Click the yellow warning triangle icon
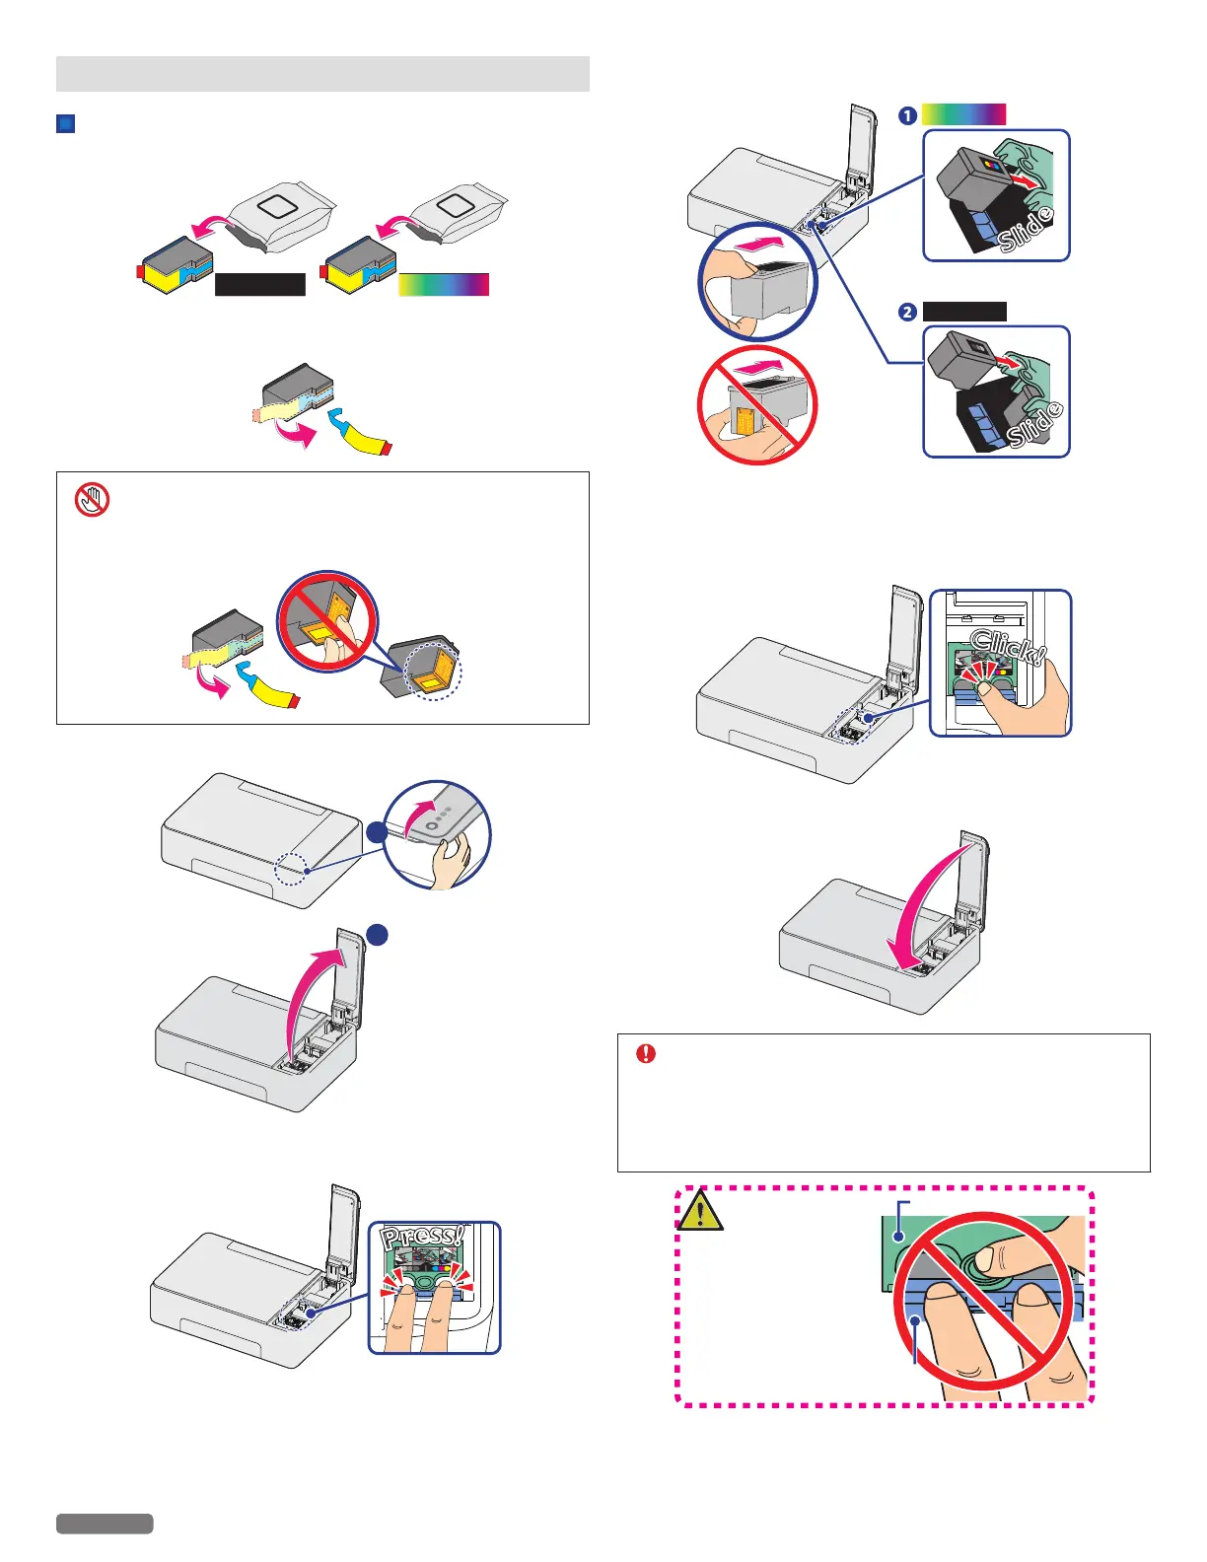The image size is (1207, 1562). tap(700, 1211)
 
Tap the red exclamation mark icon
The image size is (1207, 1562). tap(646, 1053)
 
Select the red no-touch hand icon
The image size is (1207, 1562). tap(93, 500)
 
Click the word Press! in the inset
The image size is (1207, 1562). tap(422, 1239)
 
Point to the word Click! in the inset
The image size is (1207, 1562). tap(1006, 646)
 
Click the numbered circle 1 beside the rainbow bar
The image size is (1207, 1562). tap(907, 115)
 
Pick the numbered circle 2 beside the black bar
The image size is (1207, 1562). tap(907, 312)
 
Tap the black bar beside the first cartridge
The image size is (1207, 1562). tap(260, 284)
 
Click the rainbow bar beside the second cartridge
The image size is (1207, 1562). tap(444, 284)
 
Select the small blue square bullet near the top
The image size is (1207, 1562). tap(66, 124)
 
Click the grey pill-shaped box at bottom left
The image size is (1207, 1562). tap(105, 1524)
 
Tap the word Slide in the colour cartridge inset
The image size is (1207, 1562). tap(1026, 230)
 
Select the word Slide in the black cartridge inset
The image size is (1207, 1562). tap(1035, 425)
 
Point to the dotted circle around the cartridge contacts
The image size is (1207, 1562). tap(433, 671)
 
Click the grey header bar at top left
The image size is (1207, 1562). tap(322, 74)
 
